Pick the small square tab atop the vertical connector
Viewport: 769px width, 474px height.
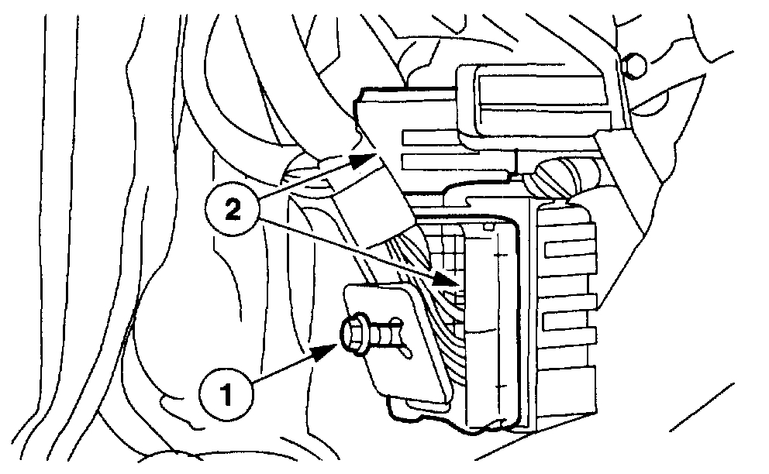tap(486, 227)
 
